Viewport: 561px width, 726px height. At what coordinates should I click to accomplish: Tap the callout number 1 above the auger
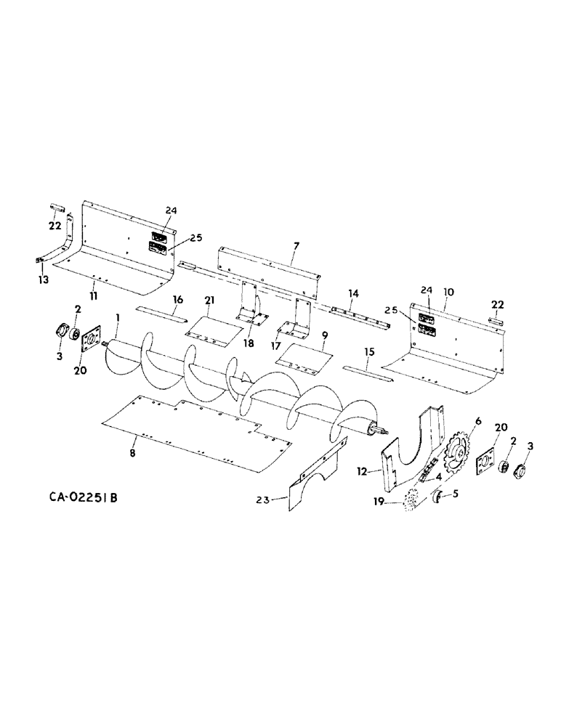(x=117, y=317)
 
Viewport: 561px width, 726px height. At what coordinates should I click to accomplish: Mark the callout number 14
(x=353, y=293)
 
